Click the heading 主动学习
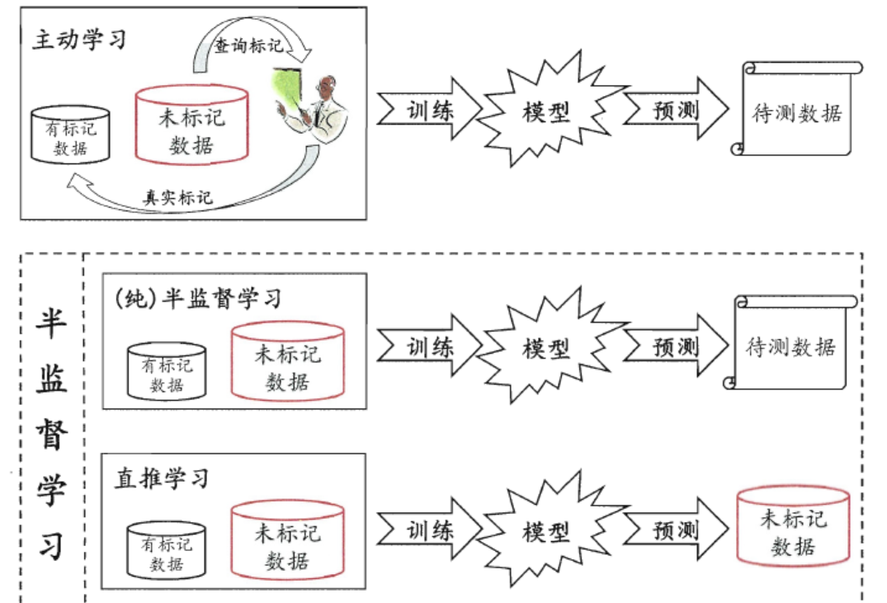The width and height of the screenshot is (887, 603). [x=79, y=40]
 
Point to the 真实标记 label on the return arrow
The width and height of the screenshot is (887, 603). [x=178, y=197]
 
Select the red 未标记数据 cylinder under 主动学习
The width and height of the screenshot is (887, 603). [x=191, y=127]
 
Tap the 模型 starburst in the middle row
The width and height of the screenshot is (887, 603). [x=545, y=347]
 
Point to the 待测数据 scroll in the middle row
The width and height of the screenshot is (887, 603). [x=790, y=346]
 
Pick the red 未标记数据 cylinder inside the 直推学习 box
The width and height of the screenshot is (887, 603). [x=286, y=547]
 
